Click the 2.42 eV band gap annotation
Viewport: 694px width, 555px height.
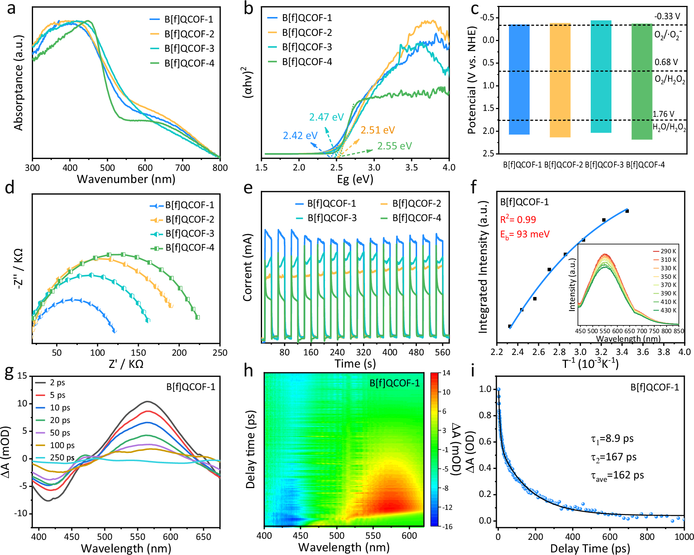pos(300,136)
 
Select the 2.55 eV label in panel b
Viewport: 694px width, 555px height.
pos(394,146)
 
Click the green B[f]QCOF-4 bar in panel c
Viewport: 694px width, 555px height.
pos(641,81)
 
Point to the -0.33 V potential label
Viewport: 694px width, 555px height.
pos(667,16)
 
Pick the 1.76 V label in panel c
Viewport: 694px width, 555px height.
pos(663,114)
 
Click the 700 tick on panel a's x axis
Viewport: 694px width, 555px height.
pos(182,168)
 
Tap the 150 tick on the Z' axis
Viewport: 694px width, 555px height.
pos(138,353)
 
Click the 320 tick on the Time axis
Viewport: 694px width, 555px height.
pos(363,352)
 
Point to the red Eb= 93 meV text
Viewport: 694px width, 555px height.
pos(525,234)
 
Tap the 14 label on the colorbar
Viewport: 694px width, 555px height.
pos(446,373)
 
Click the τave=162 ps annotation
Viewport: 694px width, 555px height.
pos(617,476)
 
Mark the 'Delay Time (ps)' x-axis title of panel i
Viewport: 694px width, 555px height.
pos(590,548)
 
